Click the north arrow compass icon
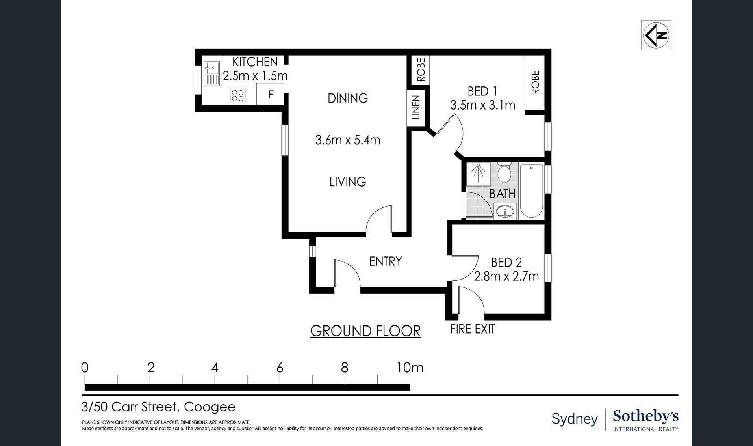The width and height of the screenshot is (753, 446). pos(656,35)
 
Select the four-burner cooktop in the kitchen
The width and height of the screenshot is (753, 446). pos(238,96)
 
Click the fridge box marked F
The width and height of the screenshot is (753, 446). pos(270,94)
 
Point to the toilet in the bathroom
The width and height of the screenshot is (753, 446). pos(504,173)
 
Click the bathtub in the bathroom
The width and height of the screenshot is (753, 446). pos(531,191)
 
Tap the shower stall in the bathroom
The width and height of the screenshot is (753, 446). pos(479,174)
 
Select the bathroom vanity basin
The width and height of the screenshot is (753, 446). pos(505,211)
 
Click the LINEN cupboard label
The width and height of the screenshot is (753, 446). pos(416,107)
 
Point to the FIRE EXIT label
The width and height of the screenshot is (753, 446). pos(473,329)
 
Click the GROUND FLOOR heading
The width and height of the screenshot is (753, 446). pos(365,331)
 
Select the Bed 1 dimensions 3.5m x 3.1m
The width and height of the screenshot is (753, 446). pos(483,105)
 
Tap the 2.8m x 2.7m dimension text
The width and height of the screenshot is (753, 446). pos(506,276)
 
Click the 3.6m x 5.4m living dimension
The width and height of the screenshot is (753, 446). pos(348,140)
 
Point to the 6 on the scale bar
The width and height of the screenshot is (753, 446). pos(280,368)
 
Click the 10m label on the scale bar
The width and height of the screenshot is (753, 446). pos(410,368)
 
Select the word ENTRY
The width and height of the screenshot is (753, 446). pos(386,261)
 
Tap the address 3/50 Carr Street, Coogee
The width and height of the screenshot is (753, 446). pos(158,407)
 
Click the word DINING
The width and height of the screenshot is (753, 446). pos(348,98)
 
